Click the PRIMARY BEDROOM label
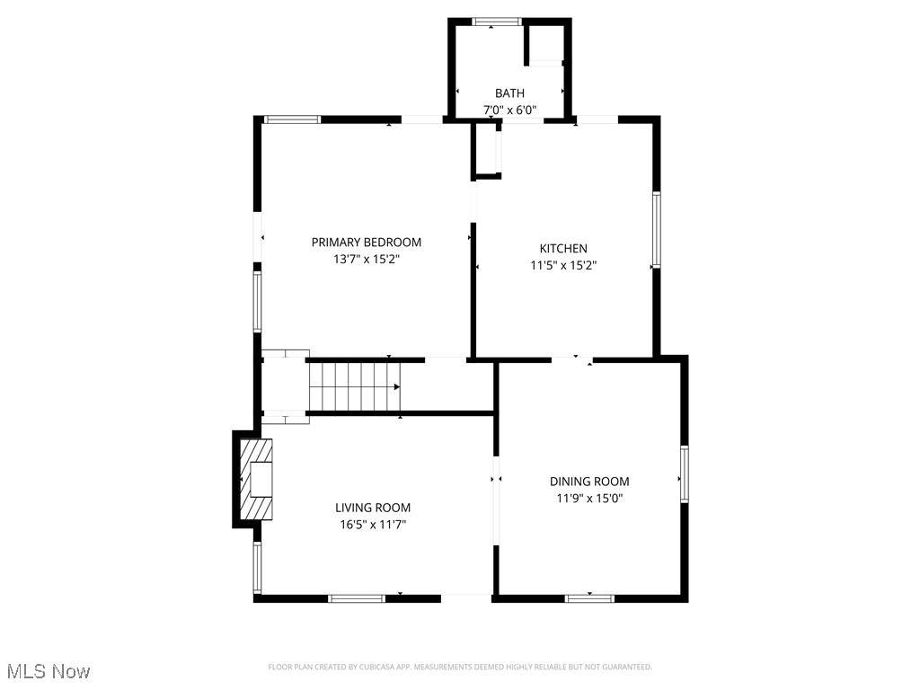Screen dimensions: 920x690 pyautogui.click(x=367, y=243)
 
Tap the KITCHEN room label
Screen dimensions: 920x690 pyautogui.click(x=563, y=249)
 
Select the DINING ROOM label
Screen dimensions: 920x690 pyautogui.click(x=589, y=482)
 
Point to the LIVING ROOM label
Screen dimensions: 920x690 pyautogui.click(x=373, y=509)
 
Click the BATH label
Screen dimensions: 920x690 pyautogui.click(x=510, y=93)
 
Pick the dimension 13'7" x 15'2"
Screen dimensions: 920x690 pyautogui.click(x=367, y=259)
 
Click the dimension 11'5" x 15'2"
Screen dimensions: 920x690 pyautogui.click(x=563, y=265)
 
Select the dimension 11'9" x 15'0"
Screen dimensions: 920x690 pyautogui.click(x=589, y=499)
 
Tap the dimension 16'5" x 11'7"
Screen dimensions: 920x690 pyautogui.click(x=373, y=525)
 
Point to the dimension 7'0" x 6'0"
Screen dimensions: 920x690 pyautogui.click(x=510, y=110)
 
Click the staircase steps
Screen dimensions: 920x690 pyautogui.click(x=354, y=387)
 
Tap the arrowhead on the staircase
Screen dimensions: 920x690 pyautogui.click(x=396, y=387)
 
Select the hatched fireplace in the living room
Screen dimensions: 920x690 pyautogui.click(x=256, y=480)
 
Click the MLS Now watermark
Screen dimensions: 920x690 pyautogui.click(x=49, y=671)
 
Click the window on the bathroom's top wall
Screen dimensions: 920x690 pyautogui.click(x=497, y=22)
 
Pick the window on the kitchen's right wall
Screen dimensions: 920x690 pyautogui.click(x=657, y=230)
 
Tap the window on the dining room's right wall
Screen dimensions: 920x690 pyautogui.click(x=684, y=474)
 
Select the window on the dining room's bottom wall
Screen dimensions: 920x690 pyautogui.click(x=589, y=598)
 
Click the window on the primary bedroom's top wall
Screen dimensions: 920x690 pyautogui.click(x=292, y=119)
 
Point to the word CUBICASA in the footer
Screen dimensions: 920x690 pyautogui.click(x=384, y=668)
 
